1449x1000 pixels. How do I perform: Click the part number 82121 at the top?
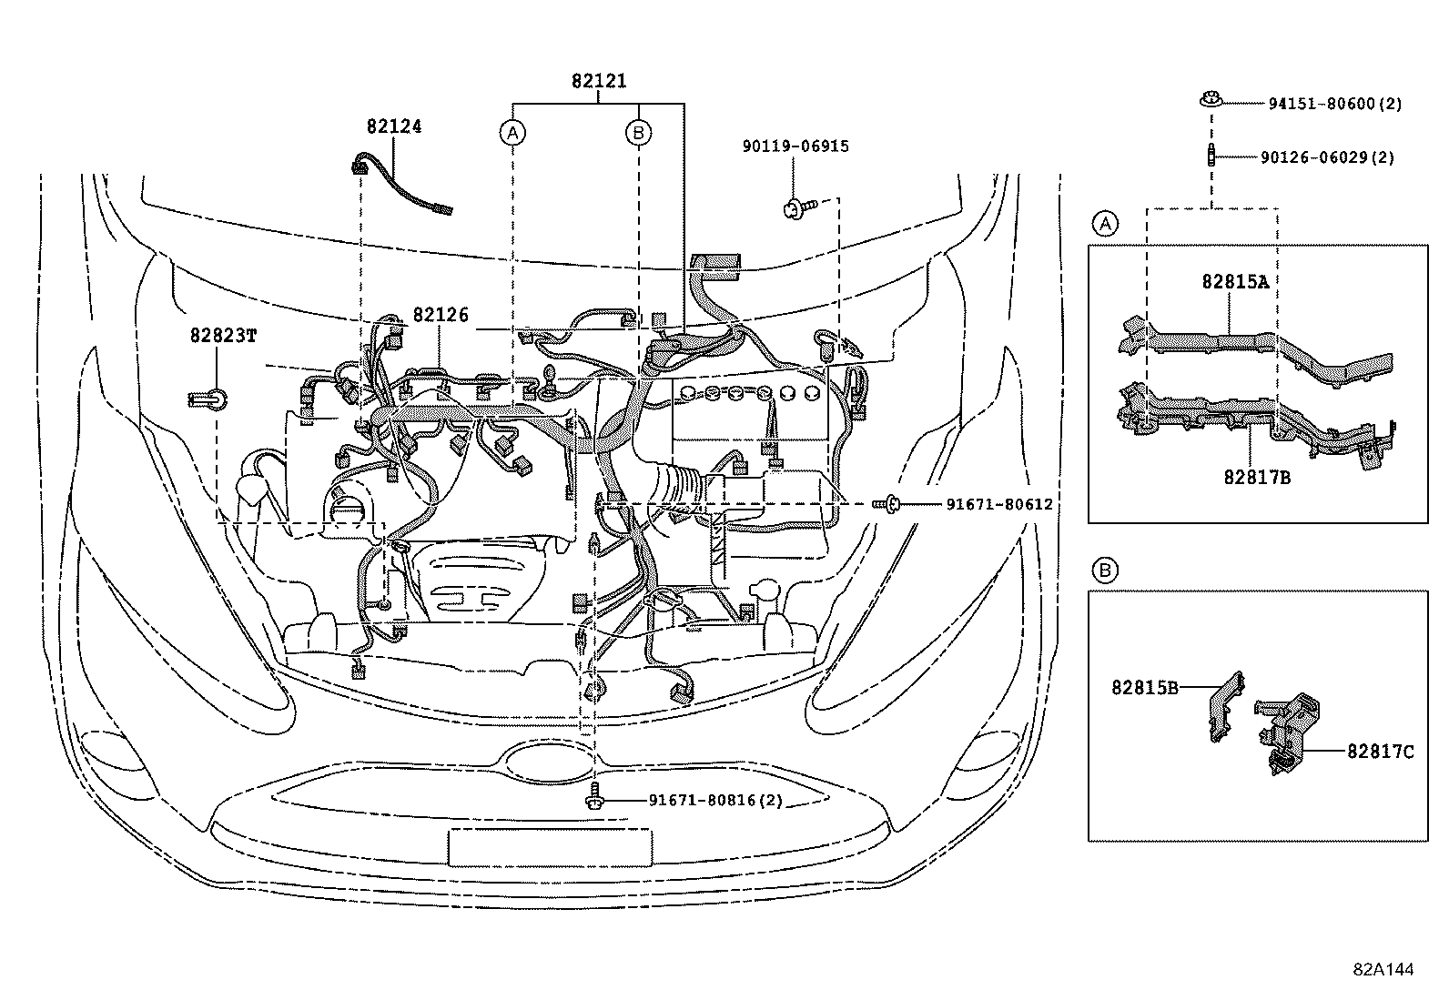pyautogui.click(x=599, y=81)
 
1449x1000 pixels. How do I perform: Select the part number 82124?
pyautogui.click(x=394, y=127)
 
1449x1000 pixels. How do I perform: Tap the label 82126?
pyautogui.click(x=441, y=315)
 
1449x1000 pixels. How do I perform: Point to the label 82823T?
pyautogui.click(x=223, y=335)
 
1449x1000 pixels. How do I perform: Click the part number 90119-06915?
pyautogui.click(x=795, y=146)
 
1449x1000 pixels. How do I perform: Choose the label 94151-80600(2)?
pyautogui.click(x=1335, y=104)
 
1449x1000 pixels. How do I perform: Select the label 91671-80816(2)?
pyautogui.click(x=715, y=801)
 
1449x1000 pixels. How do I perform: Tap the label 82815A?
pyautogui.click(x=1235, y=281)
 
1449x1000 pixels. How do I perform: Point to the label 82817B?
pyautogui.click(x=1257, y=476)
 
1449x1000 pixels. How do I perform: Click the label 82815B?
pyautogui.click(x=1144, y=687)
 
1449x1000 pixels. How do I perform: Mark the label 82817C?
pyautogui.click(x=1381, y=752)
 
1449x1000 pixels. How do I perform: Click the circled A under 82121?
pyautogui.click(x=513, y=133)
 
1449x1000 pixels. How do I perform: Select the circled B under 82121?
pyautogui.click(x=639, y=133)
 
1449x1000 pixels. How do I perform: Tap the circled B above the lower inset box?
pyautogui.click(x=1105, y=571)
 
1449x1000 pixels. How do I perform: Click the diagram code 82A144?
pyautogui.click(x=1383, y=970)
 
